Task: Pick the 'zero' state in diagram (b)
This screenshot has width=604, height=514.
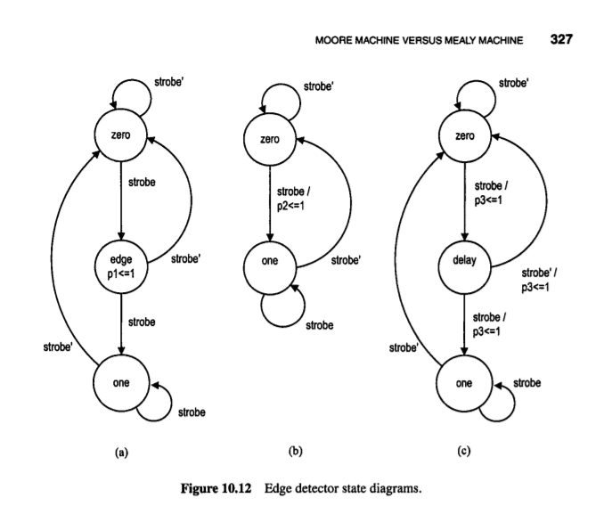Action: click(x=267, y=139)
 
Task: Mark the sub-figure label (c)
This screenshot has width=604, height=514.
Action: click(x=464, y=453)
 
